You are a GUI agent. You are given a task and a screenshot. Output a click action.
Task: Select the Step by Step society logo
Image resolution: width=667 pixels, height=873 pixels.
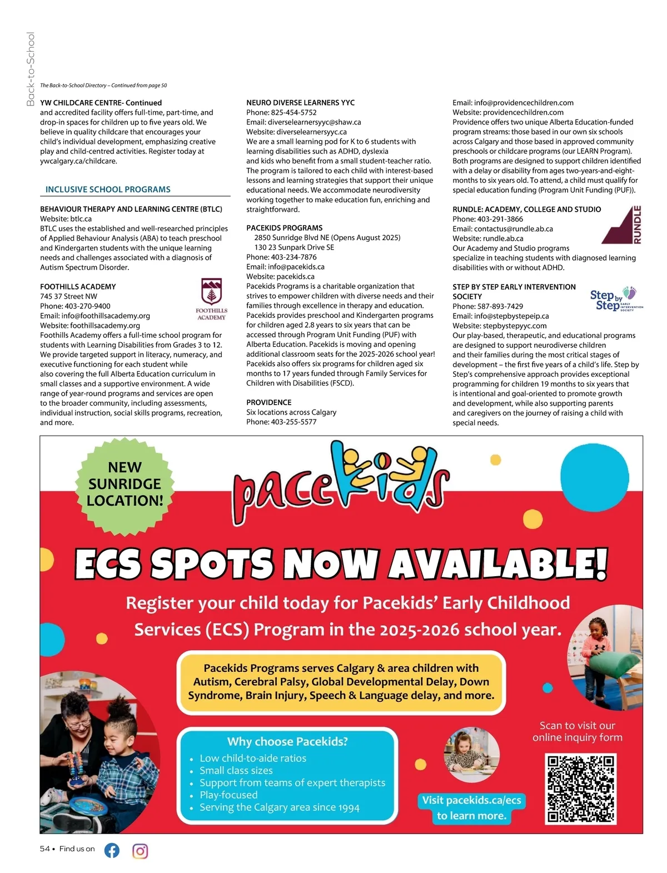616,300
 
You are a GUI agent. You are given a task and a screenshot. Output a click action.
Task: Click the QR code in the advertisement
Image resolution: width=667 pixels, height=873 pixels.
581,788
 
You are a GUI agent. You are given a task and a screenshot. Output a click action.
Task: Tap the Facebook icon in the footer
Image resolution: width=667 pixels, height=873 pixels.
112,850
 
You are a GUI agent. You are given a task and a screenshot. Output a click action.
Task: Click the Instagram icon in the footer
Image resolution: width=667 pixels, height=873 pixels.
140,851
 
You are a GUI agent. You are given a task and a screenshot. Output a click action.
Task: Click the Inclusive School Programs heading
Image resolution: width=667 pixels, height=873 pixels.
108,189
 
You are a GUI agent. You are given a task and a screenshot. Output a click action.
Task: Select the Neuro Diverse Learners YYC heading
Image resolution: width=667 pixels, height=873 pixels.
300,103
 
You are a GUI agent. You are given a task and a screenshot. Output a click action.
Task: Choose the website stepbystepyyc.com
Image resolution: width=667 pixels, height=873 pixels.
515,326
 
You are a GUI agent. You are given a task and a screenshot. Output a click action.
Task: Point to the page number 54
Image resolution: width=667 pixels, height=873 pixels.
45,849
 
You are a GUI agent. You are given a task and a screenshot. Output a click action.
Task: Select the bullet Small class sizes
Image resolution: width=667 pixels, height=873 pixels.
236,770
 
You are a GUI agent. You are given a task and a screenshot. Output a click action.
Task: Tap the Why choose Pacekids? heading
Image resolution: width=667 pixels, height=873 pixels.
287,741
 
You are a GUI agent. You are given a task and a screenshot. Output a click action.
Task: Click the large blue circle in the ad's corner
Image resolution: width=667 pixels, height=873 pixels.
595,470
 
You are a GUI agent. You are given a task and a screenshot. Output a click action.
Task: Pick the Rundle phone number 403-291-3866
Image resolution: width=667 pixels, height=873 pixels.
500,219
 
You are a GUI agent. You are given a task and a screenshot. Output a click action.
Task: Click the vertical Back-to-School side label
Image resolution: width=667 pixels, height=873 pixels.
31,69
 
